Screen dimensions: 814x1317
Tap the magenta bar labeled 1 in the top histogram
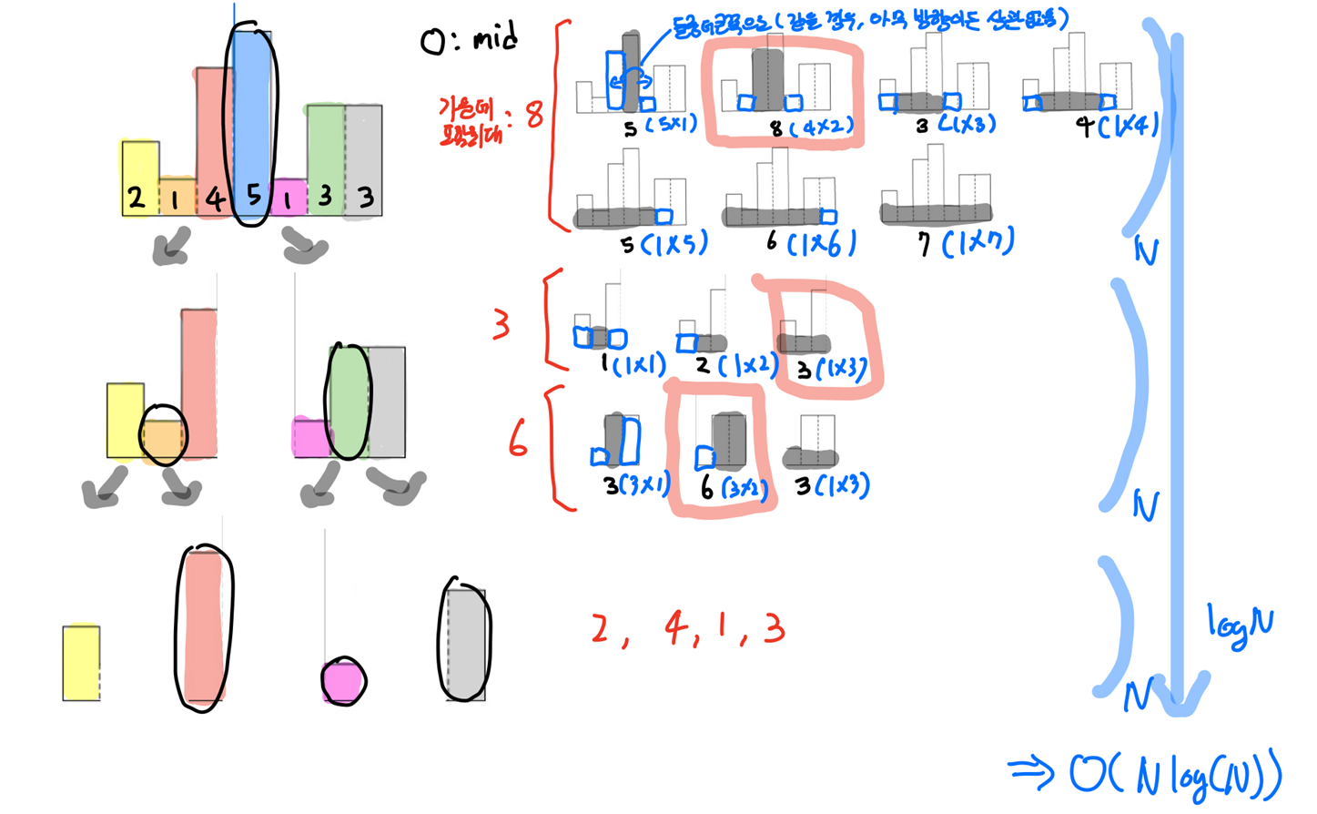(x=289, y=197)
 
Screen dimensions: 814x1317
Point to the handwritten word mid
(x=494, y=39)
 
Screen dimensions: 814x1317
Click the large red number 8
(x=534, y=115)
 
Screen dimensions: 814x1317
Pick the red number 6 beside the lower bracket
(x=518, y=441)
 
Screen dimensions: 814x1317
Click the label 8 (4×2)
(x=812, y=127)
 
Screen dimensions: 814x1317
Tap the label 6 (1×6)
(x=810, y=243)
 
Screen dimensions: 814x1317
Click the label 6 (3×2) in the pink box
(x=734, y=488)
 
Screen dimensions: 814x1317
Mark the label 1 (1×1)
(x=633, y=365)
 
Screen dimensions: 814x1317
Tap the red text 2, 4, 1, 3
(x=687, y=629)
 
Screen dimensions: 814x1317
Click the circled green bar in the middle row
(x=348, y=402)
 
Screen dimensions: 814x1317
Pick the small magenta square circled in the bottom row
(x=343, y=682)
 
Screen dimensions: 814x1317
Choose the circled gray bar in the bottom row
(x=465, y=641)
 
